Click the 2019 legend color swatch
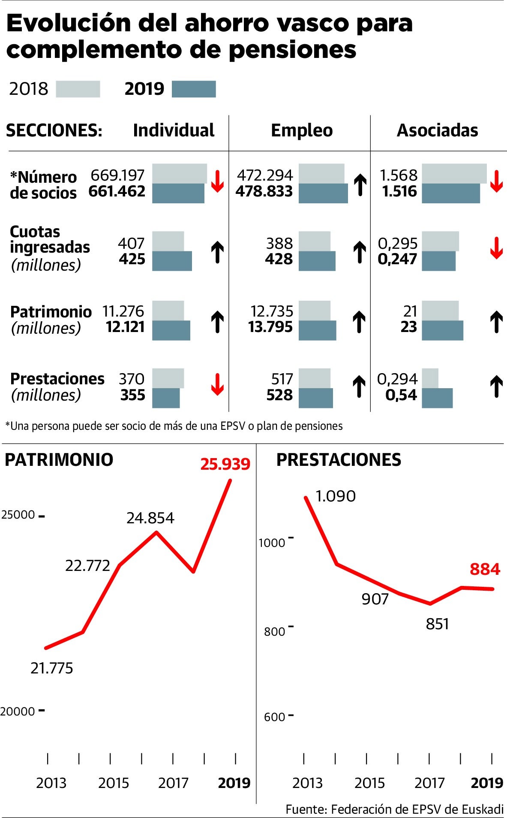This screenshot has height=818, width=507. point(194,89)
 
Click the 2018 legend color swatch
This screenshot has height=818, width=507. point(78,89)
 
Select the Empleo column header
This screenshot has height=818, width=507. point(302,130)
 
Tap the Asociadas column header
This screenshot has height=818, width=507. point(437,130)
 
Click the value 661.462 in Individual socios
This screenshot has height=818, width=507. point(117,191)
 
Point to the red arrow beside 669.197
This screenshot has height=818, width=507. point(217,181)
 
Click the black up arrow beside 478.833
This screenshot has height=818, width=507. point(360,185)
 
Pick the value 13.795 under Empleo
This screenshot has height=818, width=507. point(270,327)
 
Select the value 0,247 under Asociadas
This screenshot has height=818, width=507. point(397,259)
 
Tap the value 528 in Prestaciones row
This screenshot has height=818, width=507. point(279,395)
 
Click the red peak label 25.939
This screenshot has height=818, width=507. point(225,464)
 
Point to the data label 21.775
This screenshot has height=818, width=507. point(52,668)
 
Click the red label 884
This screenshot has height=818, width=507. point(485,569)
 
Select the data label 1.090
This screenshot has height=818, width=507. point(336,496)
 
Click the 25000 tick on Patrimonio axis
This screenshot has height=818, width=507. point(18,515)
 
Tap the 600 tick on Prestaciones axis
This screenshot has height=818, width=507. point(274,717)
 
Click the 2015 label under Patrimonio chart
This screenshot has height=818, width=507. point(113,783)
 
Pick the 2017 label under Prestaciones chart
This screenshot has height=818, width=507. point(429,783)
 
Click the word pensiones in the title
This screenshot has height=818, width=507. point(292,50)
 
